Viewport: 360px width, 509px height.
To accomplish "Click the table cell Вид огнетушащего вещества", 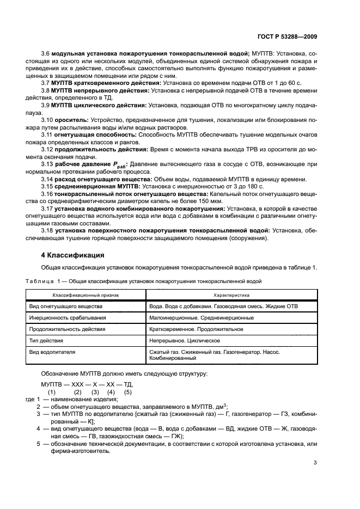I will pyautogui.click(x=65, y=306).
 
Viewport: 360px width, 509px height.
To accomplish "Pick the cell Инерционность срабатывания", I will pyautogui.click(x=67, y=318).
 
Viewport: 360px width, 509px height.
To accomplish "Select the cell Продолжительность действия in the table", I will pyautogui.click(x=67, y=329).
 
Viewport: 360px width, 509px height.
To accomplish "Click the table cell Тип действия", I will pyautogui.click(x=46, y=341).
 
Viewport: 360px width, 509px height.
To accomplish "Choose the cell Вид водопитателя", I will pyautogui.click(x=52, y=352).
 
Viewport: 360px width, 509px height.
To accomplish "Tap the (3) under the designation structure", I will pyautogui.click(x=95, y=392).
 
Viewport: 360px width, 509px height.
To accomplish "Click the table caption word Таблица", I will pyautogui.click(x=40, y=281).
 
